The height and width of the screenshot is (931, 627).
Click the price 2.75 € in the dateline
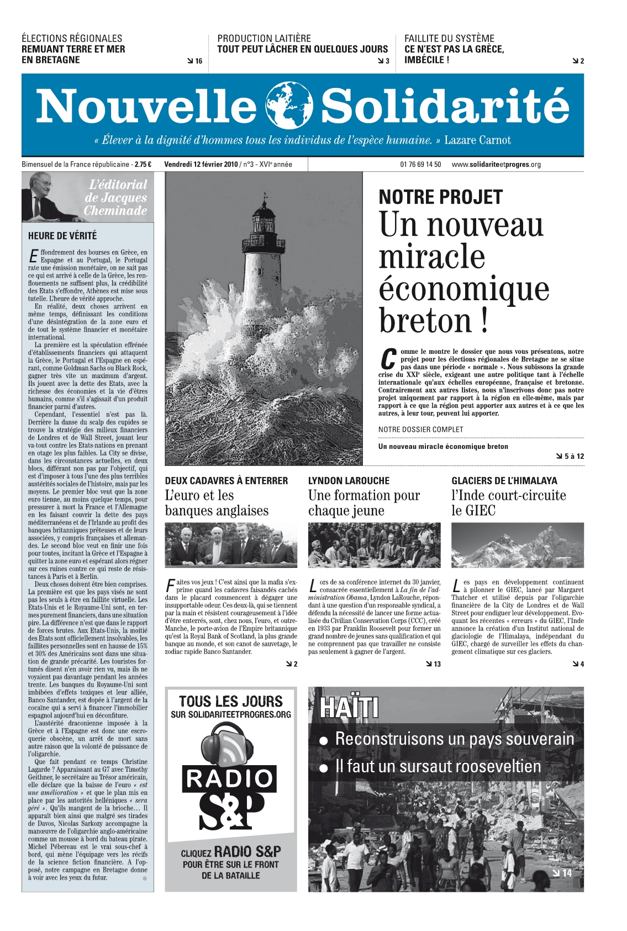click(143, 164)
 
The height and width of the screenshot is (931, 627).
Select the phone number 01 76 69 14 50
click(420, 164)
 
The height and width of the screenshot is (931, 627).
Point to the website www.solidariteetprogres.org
click(496, 164)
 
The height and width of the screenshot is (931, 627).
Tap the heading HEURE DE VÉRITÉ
click(62, 236)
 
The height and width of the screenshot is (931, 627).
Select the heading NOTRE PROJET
click(440, 197)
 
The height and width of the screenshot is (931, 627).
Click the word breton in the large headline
click(425, 321)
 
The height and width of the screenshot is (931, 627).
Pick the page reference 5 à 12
click(573, 456)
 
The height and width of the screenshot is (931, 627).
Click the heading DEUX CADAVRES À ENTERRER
click(226, 481)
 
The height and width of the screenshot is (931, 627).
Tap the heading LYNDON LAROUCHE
click(349, 481)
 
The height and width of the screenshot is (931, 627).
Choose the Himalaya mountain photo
click(517, 545)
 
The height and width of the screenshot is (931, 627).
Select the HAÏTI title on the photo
click(349, 707)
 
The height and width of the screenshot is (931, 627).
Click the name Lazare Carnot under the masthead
click(477, 140)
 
